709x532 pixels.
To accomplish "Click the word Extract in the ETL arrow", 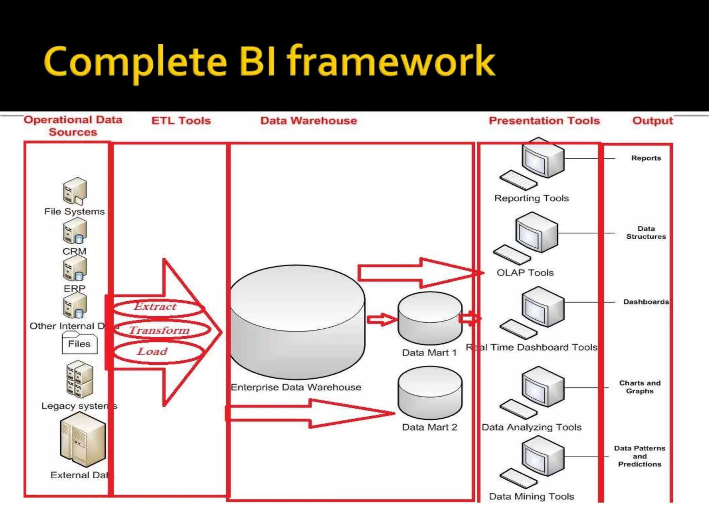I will click(x=155, y=307).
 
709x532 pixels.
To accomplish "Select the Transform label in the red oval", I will click(x=160, y=330).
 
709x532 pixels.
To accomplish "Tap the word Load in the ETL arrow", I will click(x=152, y=352).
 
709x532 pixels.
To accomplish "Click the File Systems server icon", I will click(x=74, y=191).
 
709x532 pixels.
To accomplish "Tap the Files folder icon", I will click(x=79, y=343).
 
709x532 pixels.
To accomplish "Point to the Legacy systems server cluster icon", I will click(x=80, y=379).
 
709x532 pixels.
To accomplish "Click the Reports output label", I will click(x=646, y=158).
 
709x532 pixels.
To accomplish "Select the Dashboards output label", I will click(x=646, y=302).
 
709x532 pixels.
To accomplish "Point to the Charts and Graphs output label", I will click(x=640, y=387).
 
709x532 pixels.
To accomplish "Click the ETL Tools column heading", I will click(x=181, y=121).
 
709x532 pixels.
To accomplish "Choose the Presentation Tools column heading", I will click(x=544, y=121).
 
